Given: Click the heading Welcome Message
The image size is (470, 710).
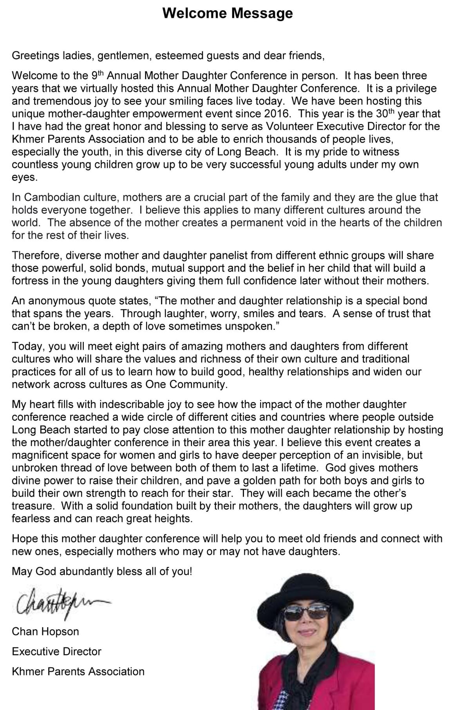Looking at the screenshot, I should point(228,13).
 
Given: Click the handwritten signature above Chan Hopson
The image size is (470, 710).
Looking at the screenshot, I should point(59,603).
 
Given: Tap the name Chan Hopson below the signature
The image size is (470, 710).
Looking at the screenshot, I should point(45,631).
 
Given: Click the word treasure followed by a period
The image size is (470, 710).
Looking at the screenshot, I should point(33,506).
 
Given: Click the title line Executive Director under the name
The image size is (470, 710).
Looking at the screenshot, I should point(56,651).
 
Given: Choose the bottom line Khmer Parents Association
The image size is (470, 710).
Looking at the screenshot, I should point(78,671).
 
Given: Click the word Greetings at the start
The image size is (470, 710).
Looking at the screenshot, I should point(35,56).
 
